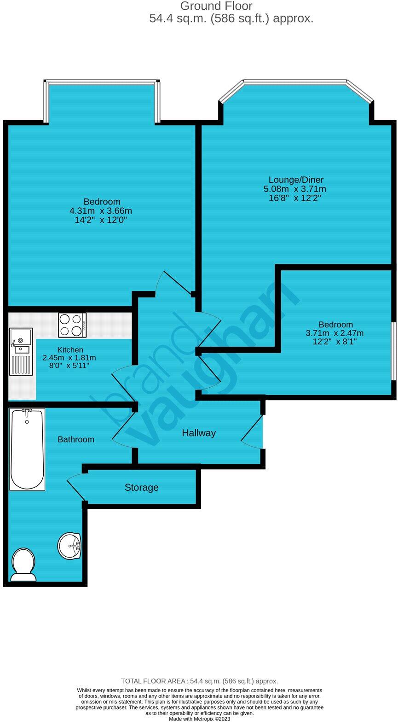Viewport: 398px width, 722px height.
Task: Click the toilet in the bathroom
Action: coord(23,564)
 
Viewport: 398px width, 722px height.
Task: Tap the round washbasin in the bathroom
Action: coord(69,546)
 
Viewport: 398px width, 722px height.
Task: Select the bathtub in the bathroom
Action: coord(27,449)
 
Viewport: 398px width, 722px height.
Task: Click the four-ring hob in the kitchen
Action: coord(72,325)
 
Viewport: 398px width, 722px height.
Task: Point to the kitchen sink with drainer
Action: coord(21,351)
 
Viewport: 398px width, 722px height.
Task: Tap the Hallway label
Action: coord(199,433)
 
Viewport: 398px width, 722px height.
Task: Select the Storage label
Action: coord(142,487)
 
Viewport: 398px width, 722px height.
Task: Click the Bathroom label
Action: coord(76,439)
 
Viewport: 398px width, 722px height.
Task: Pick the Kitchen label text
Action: coord(70,349)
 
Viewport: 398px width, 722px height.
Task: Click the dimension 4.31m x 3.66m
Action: coord(101,211)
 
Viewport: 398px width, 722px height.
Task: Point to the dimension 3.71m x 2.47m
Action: coord(335,333)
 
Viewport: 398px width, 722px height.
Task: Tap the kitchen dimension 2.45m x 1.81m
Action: coord(69,357)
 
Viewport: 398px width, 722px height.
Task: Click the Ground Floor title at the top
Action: coord(216,6)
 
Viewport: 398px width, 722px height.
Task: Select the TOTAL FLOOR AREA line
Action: coord(199,681)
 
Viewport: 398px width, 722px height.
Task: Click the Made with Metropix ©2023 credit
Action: coord(199,718)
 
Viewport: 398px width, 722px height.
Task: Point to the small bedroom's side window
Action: coord(394,351)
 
